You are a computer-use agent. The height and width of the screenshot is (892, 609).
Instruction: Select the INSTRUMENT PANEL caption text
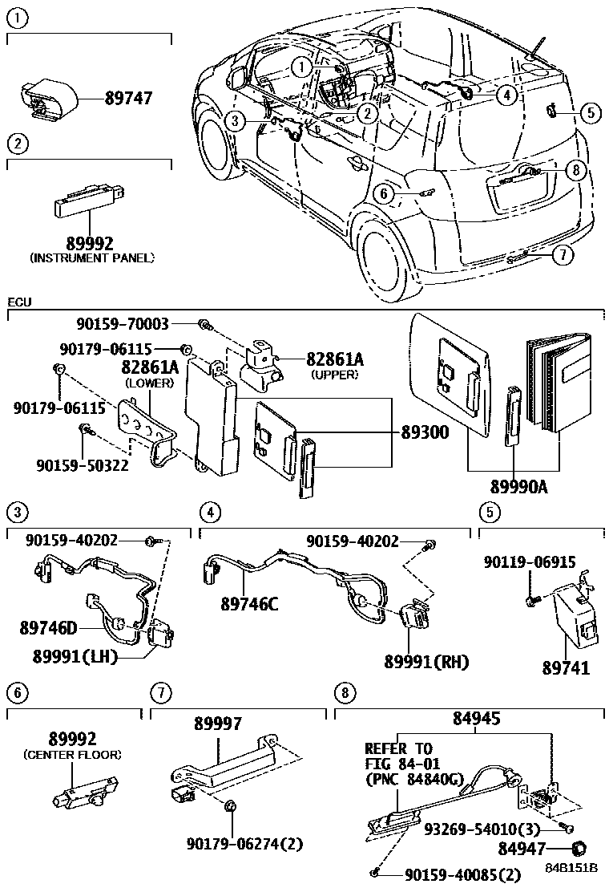point(91,257)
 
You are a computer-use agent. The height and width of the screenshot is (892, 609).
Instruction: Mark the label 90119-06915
point(528,562)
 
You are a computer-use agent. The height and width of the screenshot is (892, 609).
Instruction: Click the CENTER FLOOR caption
point(73,755)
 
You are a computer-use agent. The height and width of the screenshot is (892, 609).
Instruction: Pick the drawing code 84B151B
point(573,870)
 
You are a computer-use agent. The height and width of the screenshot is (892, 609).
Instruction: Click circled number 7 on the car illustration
point(563,254)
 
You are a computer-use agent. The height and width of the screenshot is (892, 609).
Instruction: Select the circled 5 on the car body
point(590,112)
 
